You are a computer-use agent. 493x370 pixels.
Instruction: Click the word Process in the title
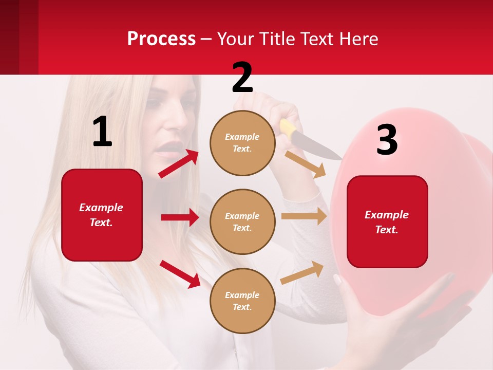(x=161, y=39)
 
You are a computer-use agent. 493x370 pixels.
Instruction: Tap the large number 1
(x=102, y=132)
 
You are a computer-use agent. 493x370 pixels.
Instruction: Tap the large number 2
(x=242, y=78)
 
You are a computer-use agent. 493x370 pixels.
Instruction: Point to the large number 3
(x=387, y=140)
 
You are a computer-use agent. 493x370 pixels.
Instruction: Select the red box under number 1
(x=102, y=215)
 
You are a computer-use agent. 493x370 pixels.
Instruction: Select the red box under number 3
(x=387, y=221)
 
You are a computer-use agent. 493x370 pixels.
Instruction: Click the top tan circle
(x=242, y=143)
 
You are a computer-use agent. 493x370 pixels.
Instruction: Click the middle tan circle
(x=242, y=221)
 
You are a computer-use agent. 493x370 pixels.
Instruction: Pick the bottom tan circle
(x=242, y=301)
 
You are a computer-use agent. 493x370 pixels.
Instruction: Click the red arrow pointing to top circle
(x=179, y=164)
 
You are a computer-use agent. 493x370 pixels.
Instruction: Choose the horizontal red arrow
(x=180, y=217)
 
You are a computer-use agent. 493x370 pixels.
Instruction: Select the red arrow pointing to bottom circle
(x=180, y=273)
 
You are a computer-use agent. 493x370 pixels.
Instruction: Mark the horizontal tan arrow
(x=304, y=216)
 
